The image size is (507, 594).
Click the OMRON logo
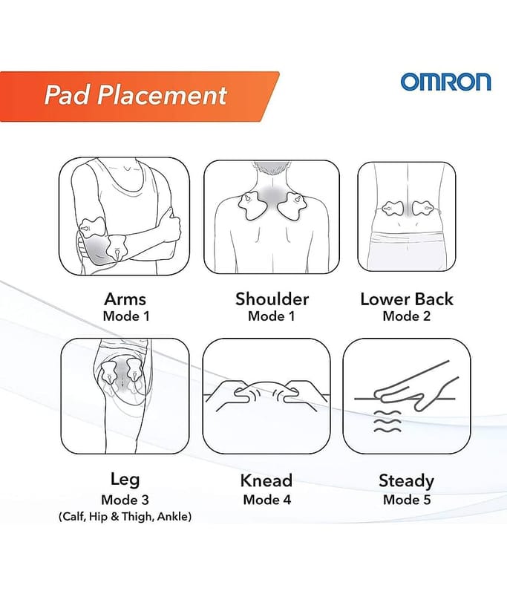pyautogui.click(x=445, y=82)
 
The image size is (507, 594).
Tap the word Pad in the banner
pyautogui.click(x=66, y=95)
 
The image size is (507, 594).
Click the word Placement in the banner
pyautogui.click(x=163, y=95)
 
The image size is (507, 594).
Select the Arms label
pyautogui.click(x=125, y=299)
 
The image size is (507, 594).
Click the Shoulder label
pyautogui.click(x=272, y=299)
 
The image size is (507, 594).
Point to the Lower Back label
pyautogui.click(x=407, y=299)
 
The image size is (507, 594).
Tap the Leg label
pyautogui.click(x=125, y=480)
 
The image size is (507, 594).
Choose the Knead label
pyautogui.click(x=266, y=480)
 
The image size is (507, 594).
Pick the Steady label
pyautogui.click(x=406, y=481)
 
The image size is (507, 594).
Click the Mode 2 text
pyautogui.click(x=407, y=316)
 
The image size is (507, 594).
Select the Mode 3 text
pyautogui.click(x=125, y=500)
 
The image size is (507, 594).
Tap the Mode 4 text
pyautogui.click(x=267, y=500)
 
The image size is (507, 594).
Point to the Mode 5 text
pyautogui.click(x=407, y=500)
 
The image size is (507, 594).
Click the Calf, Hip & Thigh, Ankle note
pyautogui.click(x=125, y=516)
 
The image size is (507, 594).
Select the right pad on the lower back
pyautogui.click(x=422, y=209)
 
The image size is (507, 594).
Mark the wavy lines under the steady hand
pyautogui.click(x=387, y=421)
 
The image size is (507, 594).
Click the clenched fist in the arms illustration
pyautogui.click(x=172, y=226)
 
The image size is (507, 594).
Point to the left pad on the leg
pyautogui.click(x=110, y=373)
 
